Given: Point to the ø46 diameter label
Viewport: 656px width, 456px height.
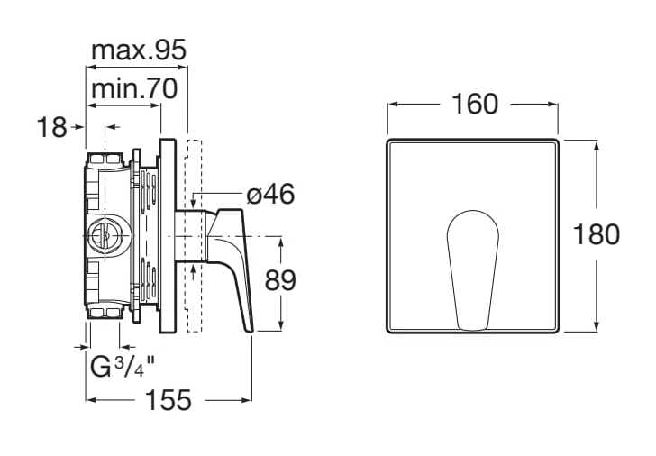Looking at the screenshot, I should coord(270,194).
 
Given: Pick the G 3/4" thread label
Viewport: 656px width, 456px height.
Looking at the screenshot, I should coord(123,367).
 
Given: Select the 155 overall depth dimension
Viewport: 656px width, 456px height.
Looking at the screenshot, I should coord(168,399).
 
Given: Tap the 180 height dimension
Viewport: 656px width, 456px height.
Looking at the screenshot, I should coord(597,235).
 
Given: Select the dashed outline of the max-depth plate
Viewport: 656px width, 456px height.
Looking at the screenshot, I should coord(192,234).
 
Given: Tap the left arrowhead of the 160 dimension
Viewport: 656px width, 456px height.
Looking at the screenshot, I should coord(392,105).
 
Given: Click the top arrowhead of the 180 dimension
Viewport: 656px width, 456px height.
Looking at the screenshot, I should coord(597,144).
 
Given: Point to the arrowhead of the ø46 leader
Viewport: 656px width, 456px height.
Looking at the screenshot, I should coord(197,194).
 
